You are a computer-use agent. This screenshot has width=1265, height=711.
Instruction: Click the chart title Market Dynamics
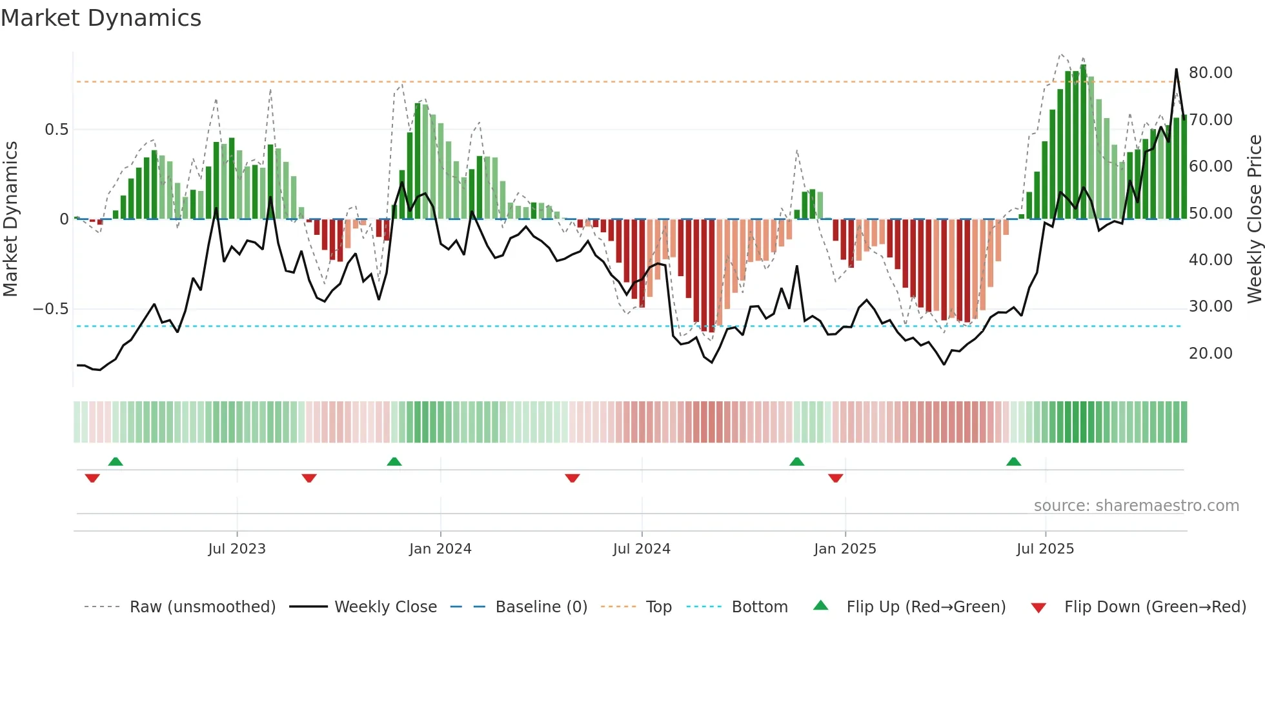pyautogui.click(x=101, y=18)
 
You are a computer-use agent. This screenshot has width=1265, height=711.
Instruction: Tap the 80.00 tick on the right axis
pyautogui.click(x=1210, y=73)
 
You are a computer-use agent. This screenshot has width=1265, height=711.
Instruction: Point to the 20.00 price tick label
pyautogui.click(x=1210, y=354)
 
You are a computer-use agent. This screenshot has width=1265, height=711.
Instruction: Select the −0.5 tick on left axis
pyautogui.click(x=50, y=309)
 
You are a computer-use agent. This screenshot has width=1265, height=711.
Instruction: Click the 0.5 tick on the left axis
pyautogui.click(x=56, y=130)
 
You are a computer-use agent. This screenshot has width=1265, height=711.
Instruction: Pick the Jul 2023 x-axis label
pyautogui.click(x=236, y=549)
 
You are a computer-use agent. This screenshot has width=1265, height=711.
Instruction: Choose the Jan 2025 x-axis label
pyautogui.click(x=845, y=549)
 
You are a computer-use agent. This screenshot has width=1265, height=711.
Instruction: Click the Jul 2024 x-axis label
pyautogui.click(x=642, y=549)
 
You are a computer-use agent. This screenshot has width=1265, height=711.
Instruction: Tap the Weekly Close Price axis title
pyautogui.click(x=1254, y=219)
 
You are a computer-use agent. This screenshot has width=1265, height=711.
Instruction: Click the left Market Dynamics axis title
pyautogui.click(x=10, y=219)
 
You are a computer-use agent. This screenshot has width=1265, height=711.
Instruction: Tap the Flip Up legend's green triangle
pyautogui.click(x=820, y=606)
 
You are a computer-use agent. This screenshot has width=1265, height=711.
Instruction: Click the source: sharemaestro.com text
pyautogui.click(x=1136, y=506)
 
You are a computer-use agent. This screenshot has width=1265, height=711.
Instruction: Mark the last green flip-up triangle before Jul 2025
pyautogui.click(x=1013, y=462)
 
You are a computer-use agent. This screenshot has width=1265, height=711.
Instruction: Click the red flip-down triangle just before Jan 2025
pyautogui.click(x=835, y=478)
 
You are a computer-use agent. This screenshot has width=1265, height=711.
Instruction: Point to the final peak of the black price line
pyautogui.click(x=1176, y=69)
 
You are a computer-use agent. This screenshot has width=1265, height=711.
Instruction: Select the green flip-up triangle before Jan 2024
pyautogui.click(x=394, y=462)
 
